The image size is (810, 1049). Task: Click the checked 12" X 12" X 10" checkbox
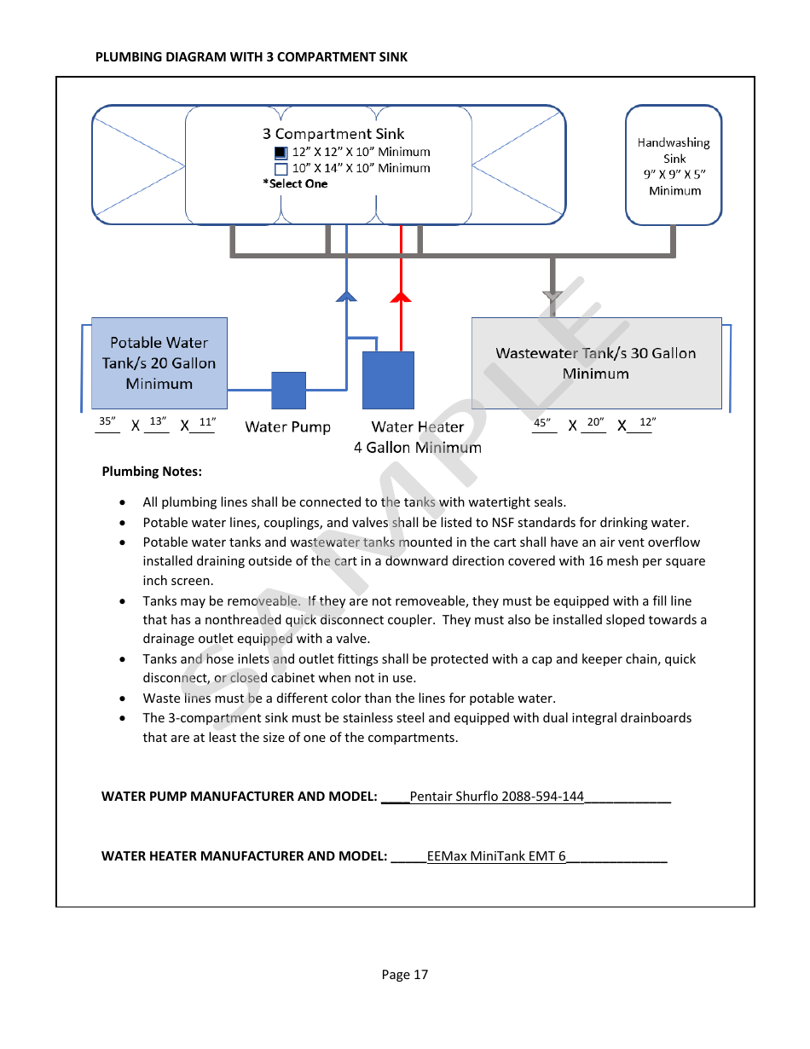pyautogui.click(x=281, y=153)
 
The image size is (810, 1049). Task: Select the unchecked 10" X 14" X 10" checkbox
pyautogui.click(x=281, y=169)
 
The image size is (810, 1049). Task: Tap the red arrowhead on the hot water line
pyautogui.click(x=401, y=296)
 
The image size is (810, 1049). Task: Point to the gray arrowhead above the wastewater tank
pyautogui.click(x=553, y=297)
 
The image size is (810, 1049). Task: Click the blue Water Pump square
pyautogui.click(x=288, y=391)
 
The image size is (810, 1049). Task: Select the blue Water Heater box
pyautogui.click(x=388, y=380)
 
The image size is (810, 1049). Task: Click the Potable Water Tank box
pyautogui.click(x=159, y=363)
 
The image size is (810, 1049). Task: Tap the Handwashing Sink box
pyautogui.click(x=674, y=165)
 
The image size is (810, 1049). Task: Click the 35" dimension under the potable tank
pyautogui.click(x=107, y=421)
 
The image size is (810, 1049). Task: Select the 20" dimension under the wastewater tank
pyautogui.click(x=595, y=422)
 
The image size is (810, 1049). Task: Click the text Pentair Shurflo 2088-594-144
pyautogui.click(x=496, y=797)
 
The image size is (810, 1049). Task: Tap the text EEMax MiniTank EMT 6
pyautogui.click(x=496, y=856)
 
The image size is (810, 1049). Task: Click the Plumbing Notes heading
pyautogui.click(x=152, y=472)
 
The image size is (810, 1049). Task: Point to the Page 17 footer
pyautogui.click(x=405, y=975)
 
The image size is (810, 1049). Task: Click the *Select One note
pyautogui.click(x=295, y=184)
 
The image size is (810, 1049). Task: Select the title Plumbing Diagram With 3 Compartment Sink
pyautogui.click(x=252, y=57)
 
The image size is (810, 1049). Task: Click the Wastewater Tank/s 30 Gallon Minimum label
pyautogui.click(x=596, y=363)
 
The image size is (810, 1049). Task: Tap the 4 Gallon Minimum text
pyautogui.click(x=418, y=448)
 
